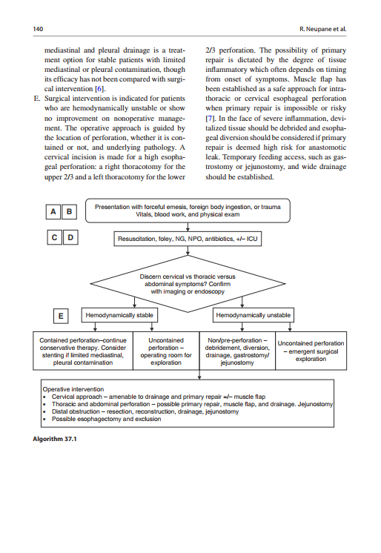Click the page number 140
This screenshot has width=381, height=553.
point(38,30)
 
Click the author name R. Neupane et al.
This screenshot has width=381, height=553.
point(323,30)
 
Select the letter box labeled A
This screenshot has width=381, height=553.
point(53,212)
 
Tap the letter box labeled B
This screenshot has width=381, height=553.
point(70,212)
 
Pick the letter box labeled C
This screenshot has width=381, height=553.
point(53,238)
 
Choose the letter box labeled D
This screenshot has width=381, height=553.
point(70,238)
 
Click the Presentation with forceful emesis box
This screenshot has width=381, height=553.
point(188,210)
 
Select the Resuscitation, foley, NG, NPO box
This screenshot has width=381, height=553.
point(188,240)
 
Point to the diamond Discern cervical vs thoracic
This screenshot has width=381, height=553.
point(188,283)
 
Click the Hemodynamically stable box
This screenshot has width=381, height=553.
point(119,315)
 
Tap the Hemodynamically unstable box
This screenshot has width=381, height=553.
point(253,315)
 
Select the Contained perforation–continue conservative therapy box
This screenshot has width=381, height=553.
point(82,351)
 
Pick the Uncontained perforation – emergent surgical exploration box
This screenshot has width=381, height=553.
point(311,351)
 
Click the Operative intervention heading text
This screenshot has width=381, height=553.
point(73,388)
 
